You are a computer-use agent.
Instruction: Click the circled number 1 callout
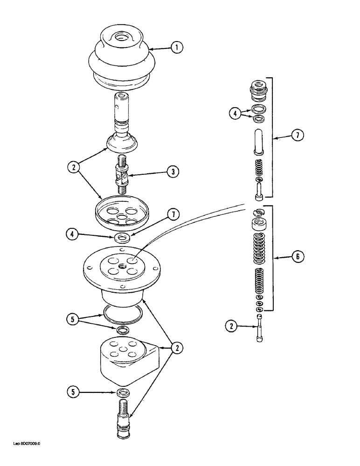tap(177, 47)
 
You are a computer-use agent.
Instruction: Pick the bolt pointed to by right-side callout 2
tap(259, 328)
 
